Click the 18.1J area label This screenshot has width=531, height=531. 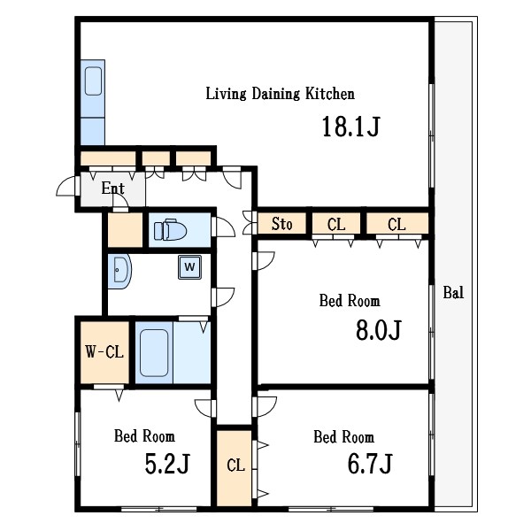click(x=351, y=126)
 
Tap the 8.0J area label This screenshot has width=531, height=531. click(x=379, y=330)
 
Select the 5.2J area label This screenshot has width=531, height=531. click(x=167, y=464)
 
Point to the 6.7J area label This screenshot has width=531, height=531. click(x=370, y=464)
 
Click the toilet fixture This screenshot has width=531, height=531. click(x=170, y=231)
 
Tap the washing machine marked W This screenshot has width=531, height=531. click(x=189, y=267)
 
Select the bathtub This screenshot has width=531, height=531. click(x=154, y=353)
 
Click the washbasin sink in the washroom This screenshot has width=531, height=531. click(x=119, y=271)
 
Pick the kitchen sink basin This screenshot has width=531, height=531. click(x=93, y=81)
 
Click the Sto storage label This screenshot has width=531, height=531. click(x=281, y=224)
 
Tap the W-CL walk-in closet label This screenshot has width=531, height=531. click(x=104, y=352)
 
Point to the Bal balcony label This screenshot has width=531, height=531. click(x=453, y=292)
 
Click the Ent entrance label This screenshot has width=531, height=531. click(x=112, y=189)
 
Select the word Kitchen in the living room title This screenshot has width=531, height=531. click(x=330, y=94)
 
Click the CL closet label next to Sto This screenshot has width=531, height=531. click(x=336, y=224)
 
